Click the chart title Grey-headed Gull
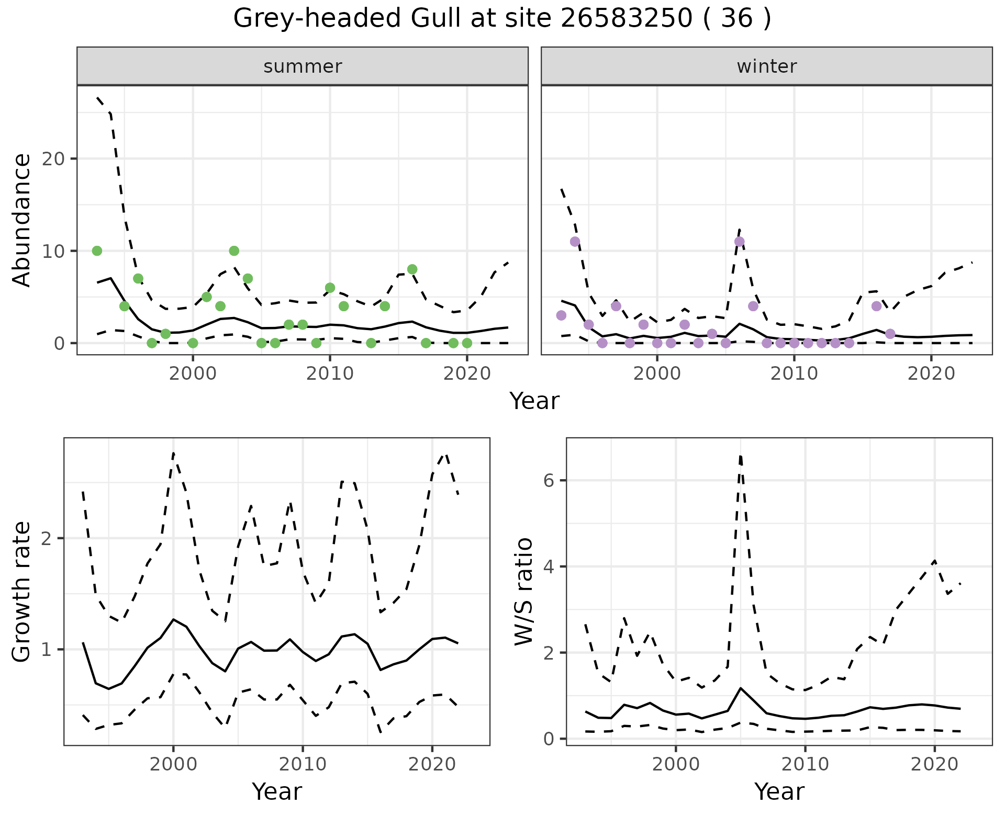[501, 19]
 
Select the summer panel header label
[303, 66]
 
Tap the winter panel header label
[766, 66]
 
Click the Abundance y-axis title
[22, 220]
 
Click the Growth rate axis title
[22, 592]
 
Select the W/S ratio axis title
[524, 592]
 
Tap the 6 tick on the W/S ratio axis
[549, 481]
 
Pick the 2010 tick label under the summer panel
[330, 375]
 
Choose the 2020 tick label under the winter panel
[931, 375]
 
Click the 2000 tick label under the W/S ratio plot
[676, 764]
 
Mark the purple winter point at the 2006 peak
[739, 242]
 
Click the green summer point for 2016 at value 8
[412, 269]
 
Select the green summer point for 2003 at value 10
[234, 251]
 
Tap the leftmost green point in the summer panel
[97, 251]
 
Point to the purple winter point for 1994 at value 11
[575, 242]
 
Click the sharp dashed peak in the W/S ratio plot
[740, 456]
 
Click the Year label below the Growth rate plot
[277, 792]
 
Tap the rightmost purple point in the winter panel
[890, 334]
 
